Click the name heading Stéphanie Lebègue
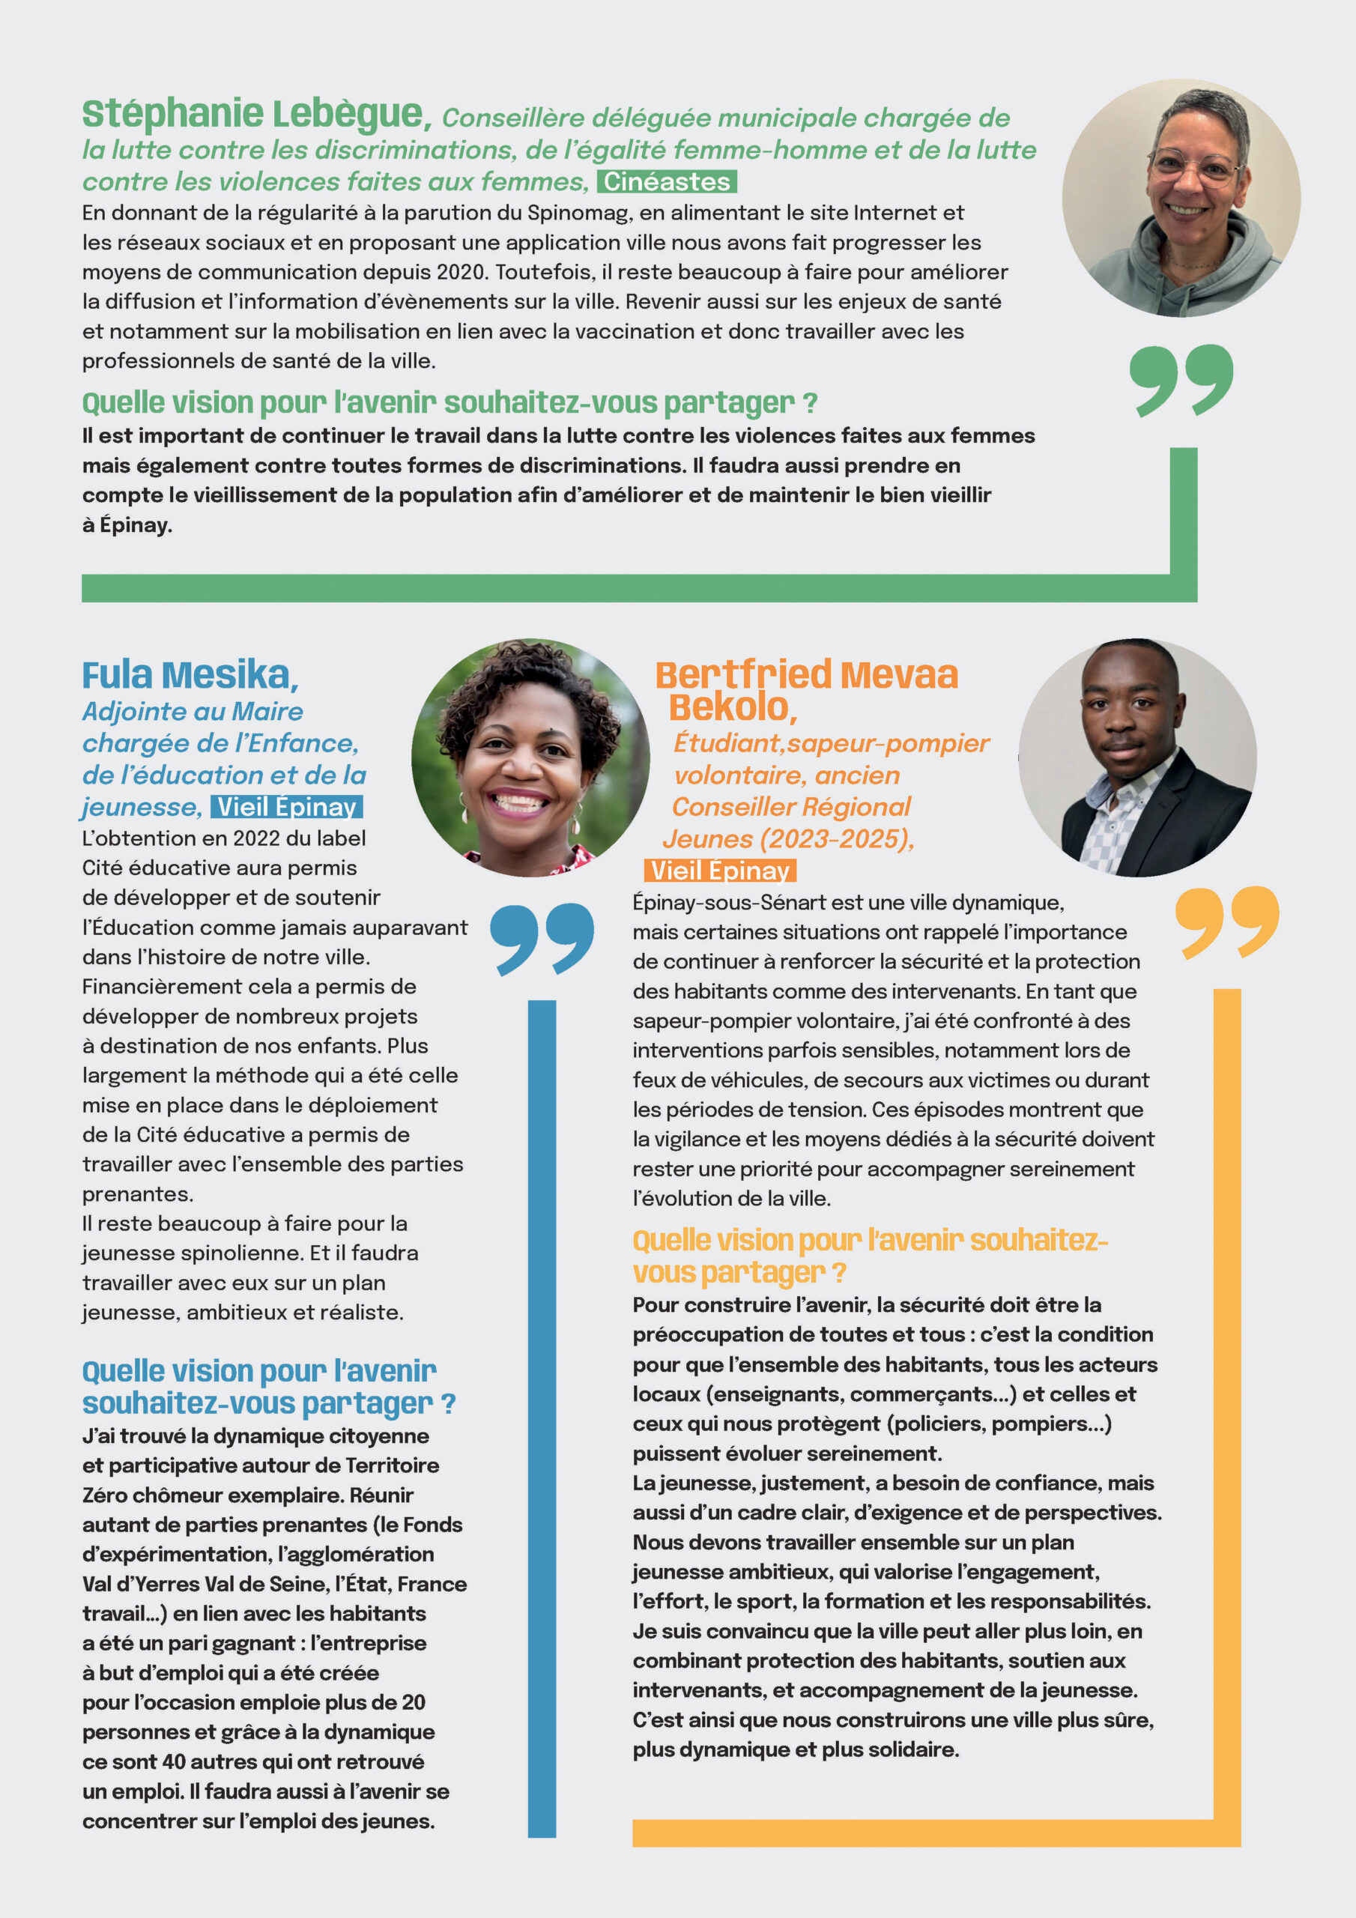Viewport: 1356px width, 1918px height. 256,115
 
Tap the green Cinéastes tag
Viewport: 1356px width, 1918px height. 666,181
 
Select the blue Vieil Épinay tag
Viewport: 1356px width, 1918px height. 287,807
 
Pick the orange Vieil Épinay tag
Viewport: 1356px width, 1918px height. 719,871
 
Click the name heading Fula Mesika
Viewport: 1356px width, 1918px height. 190,675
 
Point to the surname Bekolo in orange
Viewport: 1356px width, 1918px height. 733,707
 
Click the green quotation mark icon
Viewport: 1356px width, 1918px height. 1181,379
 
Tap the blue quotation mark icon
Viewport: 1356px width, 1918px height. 542,938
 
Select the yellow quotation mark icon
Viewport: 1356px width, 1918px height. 1226,922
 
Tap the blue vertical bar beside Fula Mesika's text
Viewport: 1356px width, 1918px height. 542,1420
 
